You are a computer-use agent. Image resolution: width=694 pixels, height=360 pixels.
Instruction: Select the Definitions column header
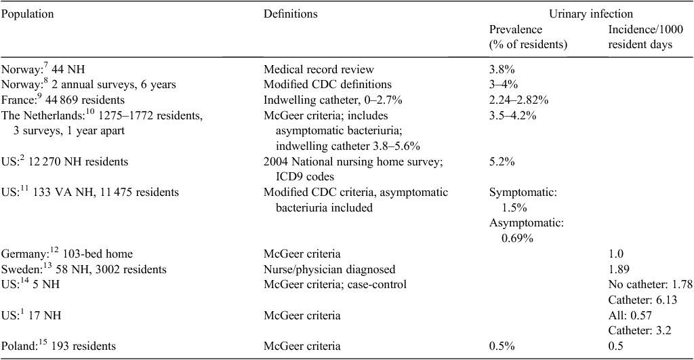290,14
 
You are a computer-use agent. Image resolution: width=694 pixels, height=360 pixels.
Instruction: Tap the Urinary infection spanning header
591,14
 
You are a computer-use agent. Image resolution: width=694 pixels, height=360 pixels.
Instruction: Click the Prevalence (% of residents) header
528,37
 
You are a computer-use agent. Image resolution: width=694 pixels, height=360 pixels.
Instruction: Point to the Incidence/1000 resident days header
646,37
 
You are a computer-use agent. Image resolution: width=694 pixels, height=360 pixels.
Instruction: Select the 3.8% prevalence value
502,70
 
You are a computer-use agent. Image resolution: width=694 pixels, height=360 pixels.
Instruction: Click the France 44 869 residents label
63,100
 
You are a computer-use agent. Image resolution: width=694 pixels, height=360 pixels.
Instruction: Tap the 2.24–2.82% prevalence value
518,100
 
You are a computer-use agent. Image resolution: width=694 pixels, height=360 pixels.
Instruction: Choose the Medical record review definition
319,70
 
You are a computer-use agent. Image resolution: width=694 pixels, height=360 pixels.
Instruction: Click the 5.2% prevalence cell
502,161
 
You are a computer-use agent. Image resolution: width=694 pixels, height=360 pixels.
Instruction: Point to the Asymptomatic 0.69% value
526,231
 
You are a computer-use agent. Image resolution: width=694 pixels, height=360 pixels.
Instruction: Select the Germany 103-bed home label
67,254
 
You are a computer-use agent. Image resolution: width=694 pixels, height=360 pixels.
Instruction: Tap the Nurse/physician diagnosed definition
329,269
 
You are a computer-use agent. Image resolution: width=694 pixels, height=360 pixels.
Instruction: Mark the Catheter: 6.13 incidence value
642,300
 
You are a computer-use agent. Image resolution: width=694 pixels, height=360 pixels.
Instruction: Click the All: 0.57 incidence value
630,315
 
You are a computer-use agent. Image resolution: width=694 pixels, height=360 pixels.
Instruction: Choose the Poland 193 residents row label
59,345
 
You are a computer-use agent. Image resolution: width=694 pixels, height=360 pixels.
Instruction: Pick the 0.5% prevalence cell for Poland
502,346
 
